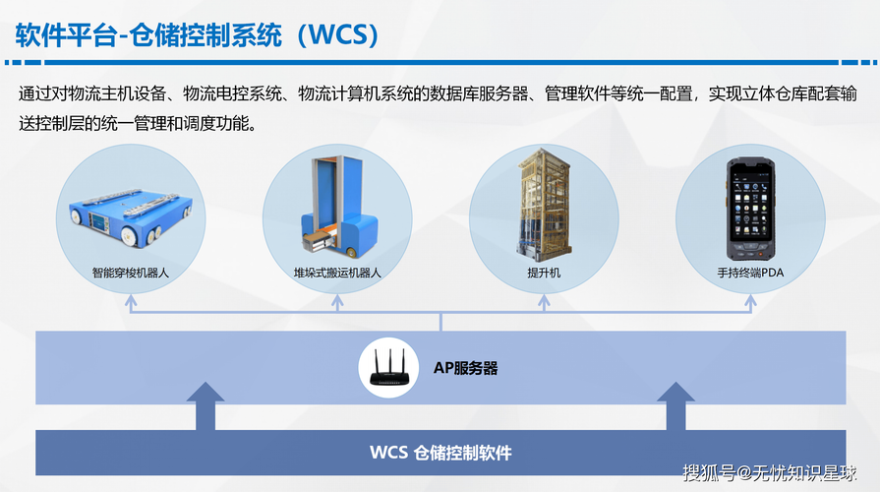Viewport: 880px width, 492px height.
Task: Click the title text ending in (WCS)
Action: click(197, 35)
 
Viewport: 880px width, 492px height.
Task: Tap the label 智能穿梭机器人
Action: click(131, 273)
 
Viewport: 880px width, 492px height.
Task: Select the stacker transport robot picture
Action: click(339, 208)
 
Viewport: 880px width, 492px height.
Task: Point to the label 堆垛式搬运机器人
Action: click(337, 273)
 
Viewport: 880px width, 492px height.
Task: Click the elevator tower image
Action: click(544, 205)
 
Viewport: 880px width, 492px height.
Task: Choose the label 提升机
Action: click(544, 273)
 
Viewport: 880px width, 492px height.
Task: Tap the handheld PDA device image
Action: click(750, 209)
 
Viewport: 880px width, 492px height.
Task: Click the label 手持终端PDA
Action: click(750, 273)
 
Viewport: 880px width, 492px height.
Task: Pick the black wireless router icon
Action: click(388, 368)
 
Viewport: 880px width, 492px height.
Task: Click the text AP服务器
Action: click(466, 368)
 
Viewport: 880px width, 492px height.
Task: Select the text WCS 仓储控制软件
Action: click(440, 453)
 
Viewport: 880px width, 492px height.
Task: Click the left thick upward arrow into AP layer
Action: click(205, 406)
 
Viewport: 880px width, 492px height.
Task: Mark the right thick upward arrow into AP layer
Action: click(675, 406)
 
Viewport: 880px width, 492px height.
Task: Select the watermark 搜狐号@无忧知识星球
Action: click(770, 473)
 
